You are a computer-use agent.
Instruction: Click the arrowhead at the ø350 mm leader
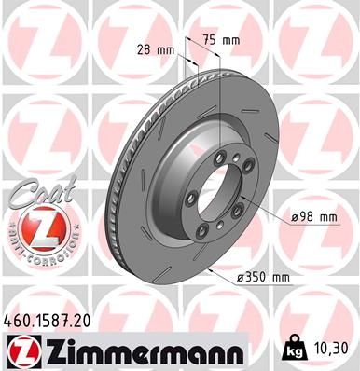(x=213, y=270)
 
